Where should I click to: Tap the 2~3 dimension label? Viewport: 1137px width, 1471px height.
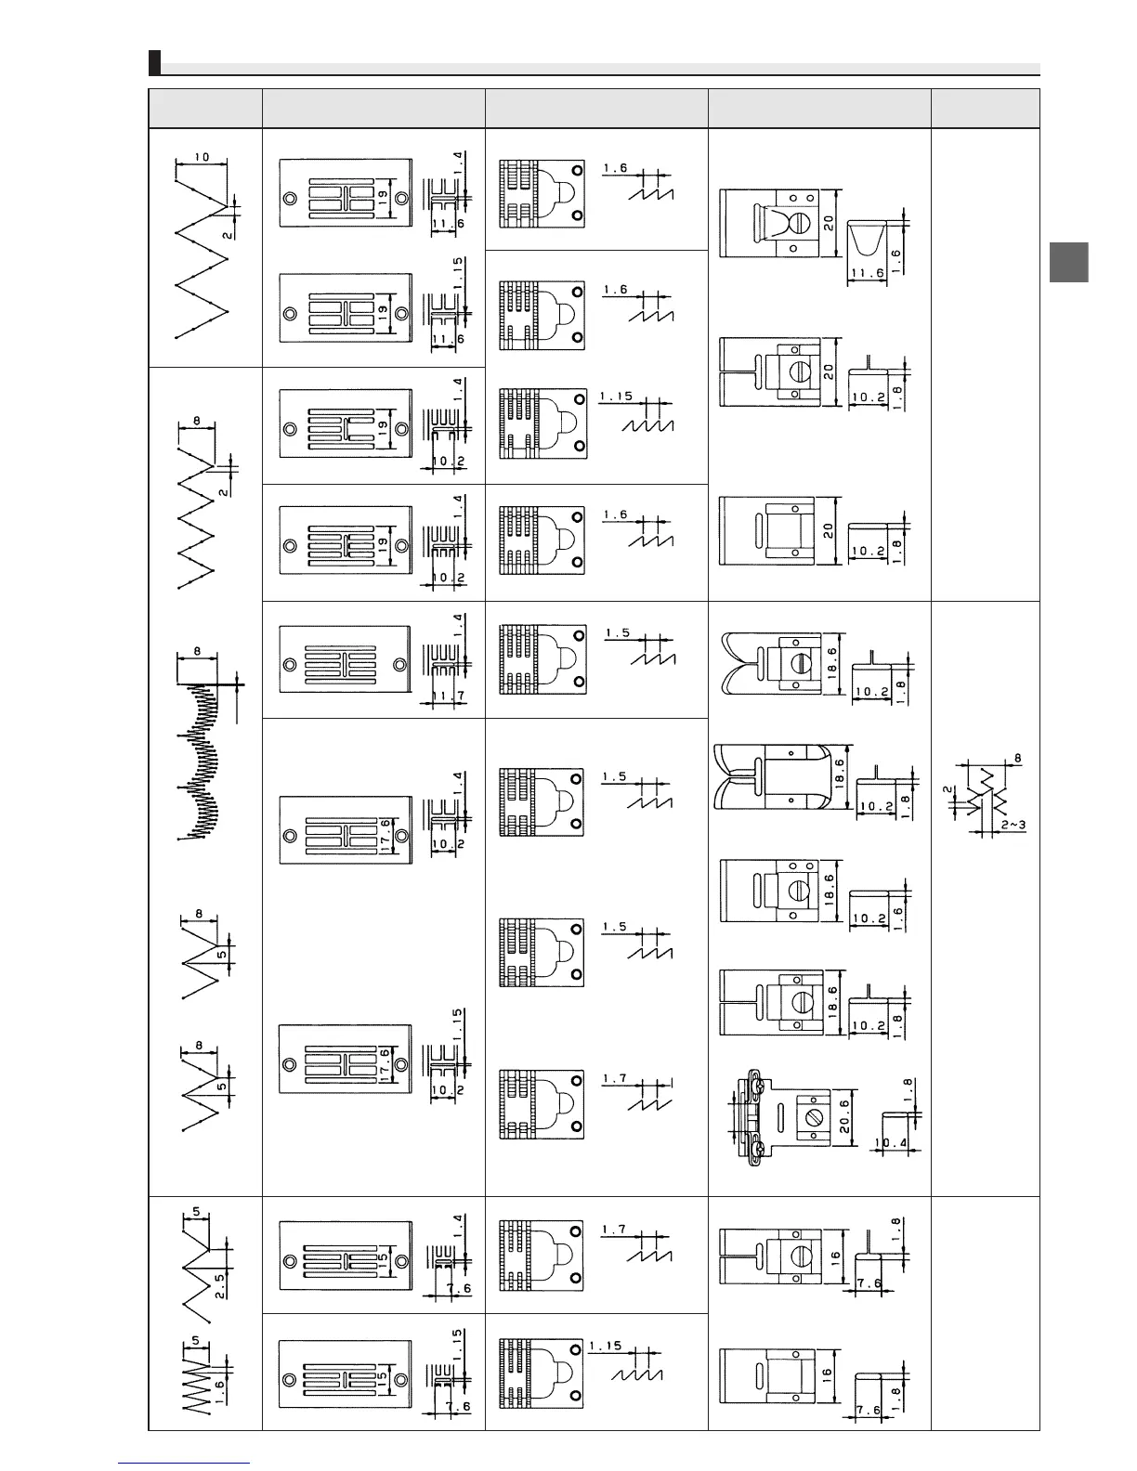coord(1013,825)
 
